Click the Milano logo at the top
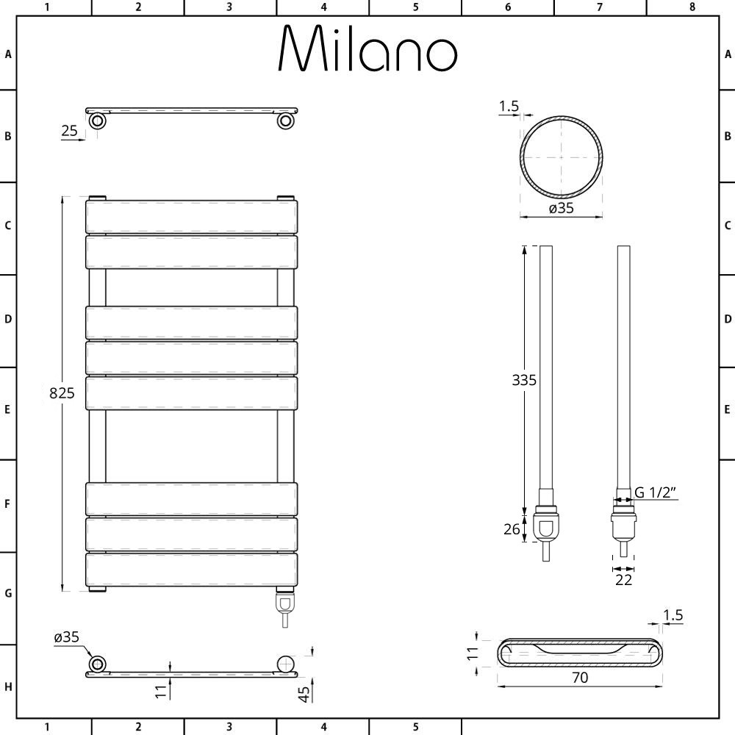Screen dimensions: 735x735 click(x=367, y=49)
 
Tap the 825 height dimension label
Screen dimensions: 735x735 click(x=62, y=392)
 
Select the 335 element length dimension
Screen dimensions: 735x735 click(x=524, y=380)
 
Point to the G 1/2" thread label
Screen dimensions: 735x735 click(x=656, y=492)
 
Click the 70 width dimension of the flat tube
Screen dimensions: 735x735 click(x=580, y=678)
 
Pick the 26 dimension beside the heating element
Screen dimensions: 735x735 click(x=512, y=529)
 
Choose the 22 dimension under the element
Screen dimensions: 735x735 click(x=623, y=580)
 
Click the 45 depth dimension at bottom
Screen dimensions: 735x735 click(x=304, y=695)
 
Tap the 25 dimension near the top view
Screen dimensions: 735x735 click(x=69, y=130)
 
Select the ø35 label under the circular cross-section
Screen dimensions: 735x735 click(x=561, y=208)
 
